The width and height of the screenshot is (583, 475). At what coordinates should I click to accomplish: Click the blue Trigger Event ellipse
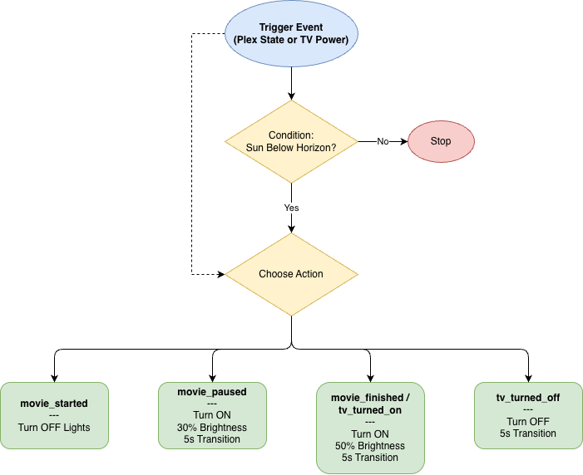(291, 33)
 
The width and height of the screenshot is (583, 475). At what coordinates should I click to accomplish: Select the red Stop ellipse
(441, 141)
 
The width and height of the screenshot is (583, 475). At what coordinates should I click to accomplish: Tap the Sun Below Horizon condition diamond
(291, 141)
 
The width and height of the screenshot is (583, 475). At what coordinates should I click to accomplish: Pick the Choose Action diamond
(291, 274)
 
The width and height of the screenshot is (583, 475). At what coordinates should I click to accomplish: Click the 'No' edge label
(383, 141)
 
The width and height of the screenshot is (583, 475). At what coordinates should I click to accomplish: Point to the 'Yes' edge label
(291, 208)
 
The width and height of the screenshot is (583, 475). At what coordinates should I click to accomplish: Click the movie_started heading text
(54, 404)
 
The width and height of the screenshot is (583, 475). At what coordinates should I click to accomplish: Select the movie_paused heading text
(212, 391)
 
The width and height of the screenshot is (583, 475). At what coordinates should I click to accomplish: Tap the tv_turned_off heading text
(528, 398)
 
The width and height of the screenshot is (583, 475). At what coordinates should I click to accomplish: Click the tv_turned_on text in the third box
(370, 409)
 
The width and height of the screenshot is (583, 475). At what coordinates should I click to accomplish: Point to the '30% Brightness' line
(212, 428)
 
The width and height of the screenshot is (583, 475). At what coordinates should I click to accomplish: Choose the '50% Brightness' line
(370, 446)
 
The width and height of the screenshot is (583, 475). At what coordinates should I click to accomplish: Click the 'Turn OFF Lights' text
(54, 428)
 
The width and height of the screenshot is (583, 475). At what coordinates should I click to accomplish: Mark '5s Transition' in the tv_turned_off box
(528, 433)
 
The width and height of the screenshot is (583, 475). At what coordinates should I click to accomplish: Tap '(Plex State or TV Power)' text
(291, 40)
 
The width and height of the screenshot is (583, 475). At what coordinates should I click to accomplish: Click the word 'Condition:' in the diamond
(291, 135)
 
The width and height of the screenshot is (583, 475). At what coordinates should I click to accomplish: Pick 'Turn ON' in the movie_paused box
(212, 415)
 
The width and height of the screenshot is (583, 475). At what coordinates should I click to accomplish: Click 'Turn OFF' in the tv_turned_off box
(528, 422)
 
